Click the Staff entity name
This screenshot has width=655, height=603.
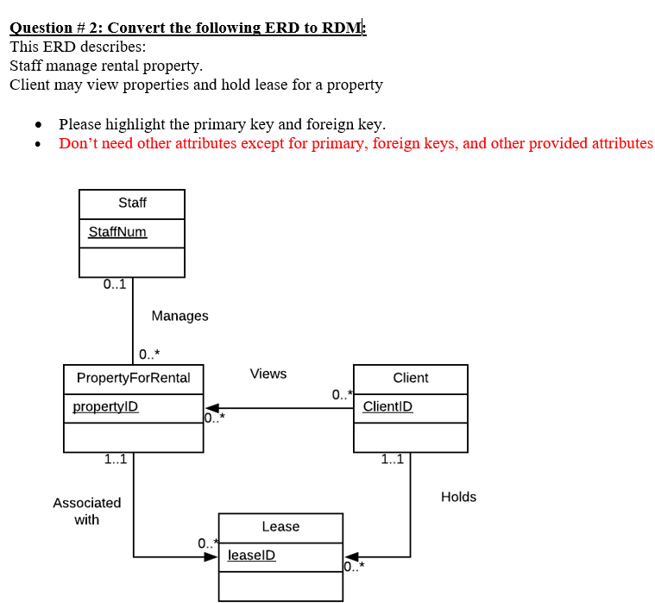click(132, 203)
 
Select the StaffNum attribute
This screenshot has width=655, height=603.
click(117, 232)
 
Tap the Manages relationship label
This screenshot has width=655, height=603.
click(179, 316)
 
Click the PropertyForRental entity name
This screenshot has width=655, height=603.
click(134, 378)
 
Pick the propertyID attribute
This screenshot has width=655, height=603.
click(105, 406)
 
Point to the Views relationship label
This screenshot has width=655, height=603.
click(268, 374)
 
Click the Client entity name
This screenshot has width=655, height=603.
click(410, 378)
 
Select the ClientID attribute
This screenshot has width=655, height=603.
click(387, 406)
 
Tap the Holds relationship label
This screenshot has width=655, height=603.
click(458, 497)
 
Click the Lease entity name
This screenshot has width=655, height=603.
click(280, 526)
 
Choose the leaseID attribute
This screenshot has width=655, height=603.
click(251, 556)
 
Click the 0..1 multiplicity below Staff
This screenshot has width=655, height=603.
click(114, 284)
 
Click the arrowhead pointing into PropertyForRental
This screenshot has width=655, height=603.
click(211, 408)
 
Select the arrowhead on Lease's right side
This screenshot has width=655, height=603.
click(350, 557)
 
